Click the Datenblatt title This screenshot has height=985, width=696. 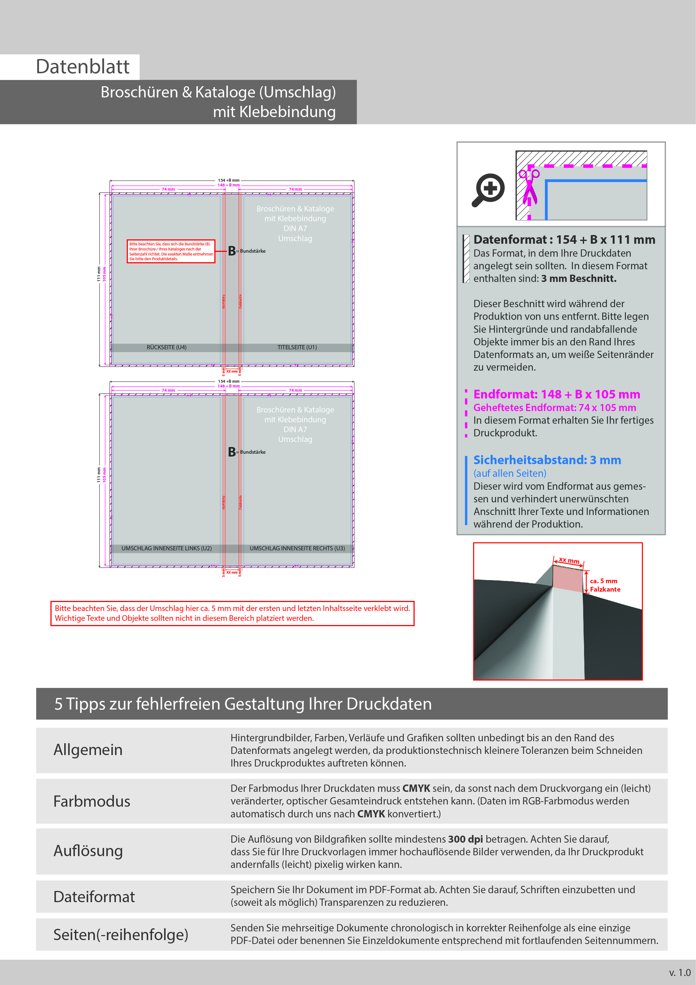coord(83,67)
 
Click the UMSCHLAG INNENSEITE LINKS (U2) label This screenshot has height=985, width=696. coord(166,548)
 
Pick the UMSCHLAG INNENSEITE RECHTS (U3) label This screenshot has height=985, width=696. coord(297,548)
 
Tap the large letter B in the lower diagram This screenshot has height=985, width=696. coord(232,452)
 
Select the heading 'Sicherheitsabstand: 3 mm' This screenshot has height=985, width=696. coord(547,460)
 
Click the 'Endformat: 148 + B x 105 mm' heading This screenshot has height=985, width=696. coord(556,394)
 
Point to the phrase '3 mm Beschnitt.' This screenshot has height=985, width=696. coord(578,279)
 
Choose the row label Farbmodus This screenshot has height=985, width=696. coord(92,801)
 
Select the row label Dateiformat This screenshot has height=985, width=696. coord(94,897)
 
